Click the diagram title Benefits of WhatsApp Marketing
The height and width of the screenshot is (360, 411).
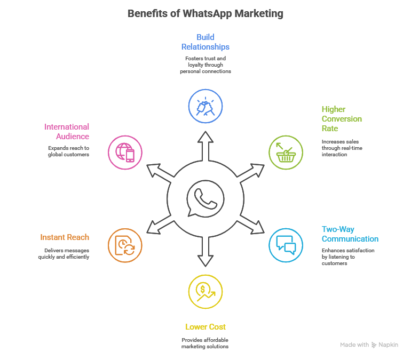click(205, 13)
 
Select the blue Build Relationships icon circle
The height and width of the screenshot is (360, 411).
click(205, 106)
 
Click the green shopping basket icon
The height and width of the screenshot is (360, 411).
click(285, 152)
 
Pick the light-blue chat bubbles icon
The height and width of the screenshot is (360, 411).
click(285, 245)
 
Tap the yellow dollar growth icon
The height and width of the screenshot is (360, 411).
click(205, 291)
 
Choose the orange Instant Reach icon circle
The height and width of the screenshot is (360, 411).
click(125, 245)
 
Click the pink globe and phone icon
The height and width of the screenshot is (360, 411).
click(125, 152)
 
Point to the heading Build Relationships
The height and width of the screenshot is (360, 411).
click(205, 42)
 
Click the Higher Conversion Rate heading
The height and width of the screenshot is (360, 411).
click(342, 118)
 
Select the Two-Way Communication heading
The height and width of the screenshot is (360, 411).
click(350, 234)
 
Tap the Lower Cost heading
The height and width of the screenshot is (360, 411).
click(205, 326)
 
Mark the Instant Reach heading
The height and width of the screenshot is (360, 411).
click(65, 237)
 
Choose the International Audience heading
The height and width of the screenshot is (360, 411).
click(67, 131)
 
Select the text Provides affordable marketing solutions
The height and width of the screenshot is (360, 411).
click(205, 343)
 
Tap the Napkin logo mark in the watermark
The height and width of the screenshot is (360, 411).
click(374, 345)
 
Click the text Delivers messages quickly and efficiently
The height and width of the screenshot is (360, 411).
click(63, 253)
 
